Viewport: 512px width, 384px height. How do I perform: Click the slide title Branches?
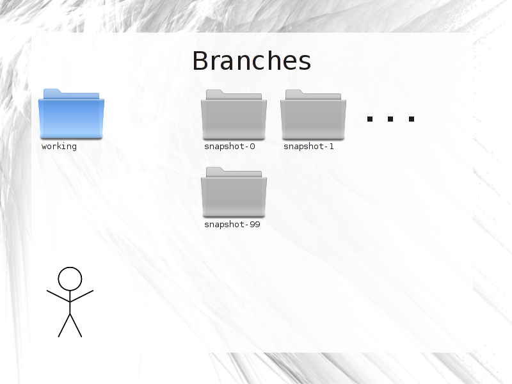[x=252, y=61]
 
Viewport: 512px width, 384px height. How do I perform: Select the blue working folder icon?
[x=71, y=114]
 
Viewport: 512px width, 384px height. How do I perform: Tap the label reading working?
[x=59, y=147]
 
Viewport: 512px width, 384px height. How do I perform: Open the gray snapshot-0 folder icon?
[x=234, y=115]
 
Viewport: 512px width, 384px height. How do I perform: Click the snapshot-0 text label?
[x=230, y=147]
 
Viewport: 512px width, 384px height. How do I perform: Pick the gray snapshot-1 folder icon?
[x=313, y=115]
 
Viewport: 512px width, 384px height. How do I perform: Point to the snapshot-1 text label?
[x=308, y=147]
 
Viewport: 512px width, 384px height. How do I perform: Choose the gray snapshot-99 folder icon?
[x=234, y=192]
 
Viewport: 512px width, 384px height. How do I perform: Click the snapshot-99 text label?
[x=232, y=225]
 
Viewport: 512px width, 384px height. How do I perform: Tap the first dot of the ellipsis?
[x=370, y=119]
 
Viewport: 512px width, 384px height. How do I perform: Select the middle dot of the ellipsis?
[x=390, y=119]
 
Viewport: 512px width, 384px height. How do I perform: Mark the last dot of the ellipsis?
[x=412, y=119]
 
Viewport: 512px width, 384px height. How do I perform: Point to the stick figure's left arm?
[x=58, y=296]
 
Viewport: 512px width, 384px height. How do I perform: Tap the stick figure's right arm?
[x=82, y=296]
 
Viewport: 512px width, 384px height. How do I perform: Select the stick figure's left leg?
[x=64, y=325]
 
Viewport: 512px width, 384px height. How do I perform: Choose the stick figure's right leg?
[x=76, y=325]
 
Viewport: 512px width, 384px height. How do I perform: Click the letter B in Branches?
[x=200, y=61]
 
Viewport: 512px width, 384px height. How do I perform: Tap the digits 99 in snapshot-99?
[x=255, y=225]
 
